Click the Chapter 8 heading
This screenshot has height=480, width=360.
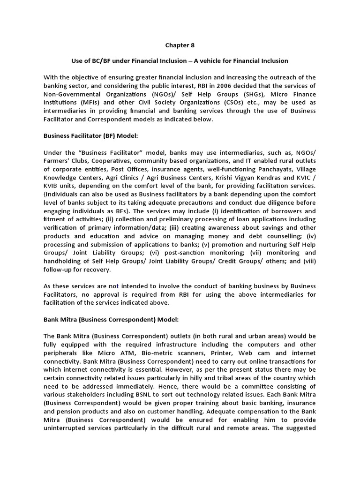pyautogui.click(x=180, y=45)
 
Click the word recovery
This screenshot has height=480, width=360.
pyautogui.click(x=97, y=269)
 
